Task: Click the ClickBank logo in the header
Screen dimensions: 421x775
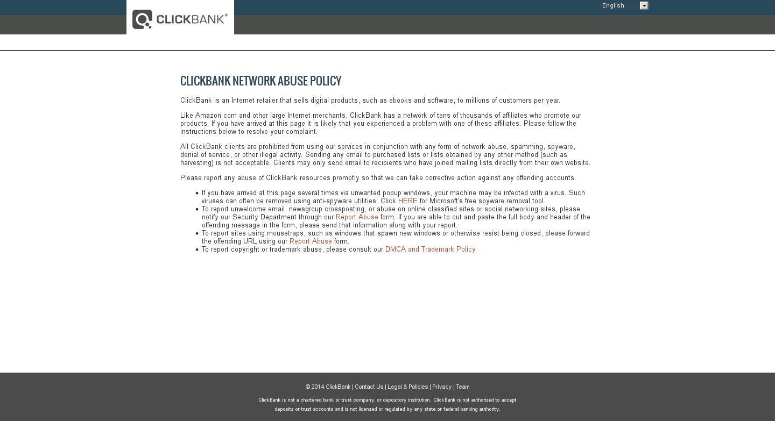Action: tap(180, 19)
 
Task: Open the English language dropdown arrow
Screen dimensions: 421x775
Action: tap(644, 6)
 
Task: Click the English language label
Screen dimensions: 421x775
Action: tap(613, 6)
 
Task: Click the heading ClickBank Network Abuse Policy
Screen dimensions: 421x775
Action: tap(260, 81)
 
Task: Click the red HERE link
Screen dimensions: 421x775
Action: tap(407, 201)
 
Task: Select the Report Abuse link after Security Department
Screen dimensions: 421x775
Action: tap(357, 217)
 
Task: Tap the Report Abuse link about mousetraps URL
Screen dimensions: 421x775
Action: tap(311, 241)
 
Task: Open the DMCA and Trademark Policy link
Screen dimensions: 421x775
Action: tap(430, 249)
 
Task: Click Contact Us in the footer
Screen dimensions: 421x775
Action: tap(369, 387)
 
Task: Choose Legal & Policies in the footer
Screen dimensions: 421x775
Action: tap(407, 387)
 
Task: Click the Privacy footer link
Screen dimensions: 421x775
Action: tap(441, 387)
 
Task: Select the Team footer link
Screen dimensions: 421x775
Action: tap(463, 387)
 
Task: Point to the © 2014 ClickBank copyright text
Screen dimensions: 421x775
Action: tap(328, 387)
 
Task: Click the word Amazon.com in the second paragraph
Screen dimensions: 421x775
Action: tap(216, 116)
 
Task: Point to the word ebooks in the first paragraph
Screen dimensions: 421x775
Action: tap(401, 101)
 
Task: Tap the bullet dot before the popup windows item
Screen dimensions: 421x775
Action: tap(197, 193)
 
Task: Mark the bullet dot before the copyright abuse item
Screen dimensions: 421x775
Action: tap(197, 249)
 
